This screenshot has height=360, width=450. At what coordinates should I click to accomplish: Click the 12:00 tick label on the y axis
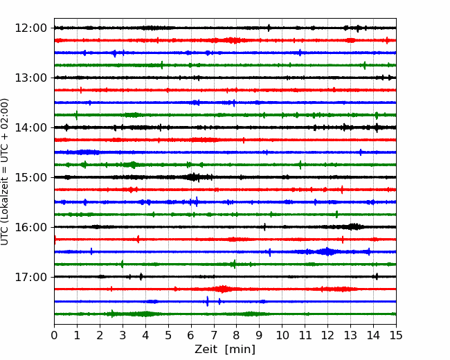pos(30,28)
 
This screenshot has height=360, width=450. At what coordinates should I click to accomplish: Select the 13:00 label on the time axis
pos(30,78)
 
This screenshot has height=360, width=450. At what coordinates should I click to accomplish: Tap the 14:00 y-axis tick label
pos(30,127)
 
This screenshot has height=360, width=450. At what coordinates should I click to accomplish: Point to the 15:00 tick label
pos(30,177)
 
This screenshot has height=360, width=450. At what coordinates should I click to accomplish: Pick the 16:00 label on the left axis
pos(30,227)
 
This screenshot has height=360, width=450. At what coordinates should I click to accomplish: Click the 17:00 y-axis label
pos(30,277)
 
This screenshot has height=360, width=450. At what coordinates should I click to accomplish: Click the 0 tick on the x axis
pos(54,335)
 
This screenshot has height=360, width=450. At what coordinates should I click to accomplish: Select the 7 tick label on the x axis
pos(214,335)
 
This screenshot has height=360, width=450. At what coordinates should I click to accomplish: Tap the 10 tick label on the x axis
pos(282,335)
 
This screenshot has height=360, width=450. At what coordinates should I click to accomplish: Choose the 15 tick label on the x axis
pos(396,335)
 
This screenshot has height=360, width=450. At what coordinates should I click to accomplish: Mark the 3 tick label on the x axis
pos(123,335)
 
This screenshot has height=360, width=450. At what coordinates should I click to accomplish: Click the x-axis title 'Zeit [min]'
pos(225,349)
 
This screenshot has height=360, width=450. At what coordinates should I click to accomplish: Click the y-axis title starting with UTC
pos(4,172)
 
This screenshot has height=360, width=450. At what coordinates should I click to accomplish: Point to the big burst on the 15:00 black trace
pos(194,177)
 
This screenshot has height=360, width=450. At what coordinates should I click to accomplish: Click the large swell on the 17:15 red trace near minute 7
pos(222,289)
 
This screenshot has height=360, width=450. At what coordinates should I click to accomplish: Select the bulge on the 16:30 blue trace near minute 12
pos(327,252)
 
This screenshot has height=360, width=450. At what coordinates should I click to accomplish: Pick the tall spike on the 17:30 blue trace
pos(207,301)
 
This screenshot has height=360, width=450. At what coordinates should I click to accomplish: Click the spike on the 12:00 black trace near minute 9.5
pos(269,28)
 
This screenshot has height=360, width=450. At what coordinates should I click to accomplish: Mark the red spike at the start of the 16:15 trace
pos(55,240)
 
